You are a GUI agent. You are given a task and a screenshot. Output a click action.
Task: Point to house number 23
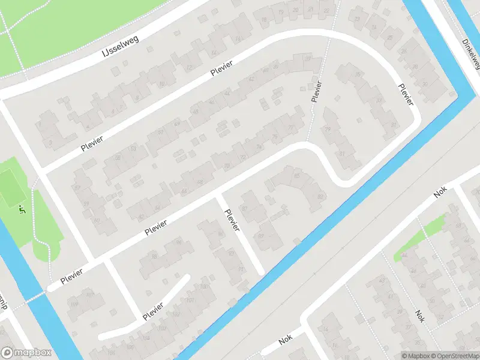point(358,18)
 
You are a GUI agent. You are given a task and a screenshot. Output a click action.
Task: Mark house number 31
point(341,153)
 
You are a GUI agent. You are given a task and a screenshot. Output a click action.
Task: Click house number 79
point(328,129)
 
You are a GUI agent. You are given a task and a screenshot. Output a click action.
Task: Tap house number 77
point(291,128)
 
